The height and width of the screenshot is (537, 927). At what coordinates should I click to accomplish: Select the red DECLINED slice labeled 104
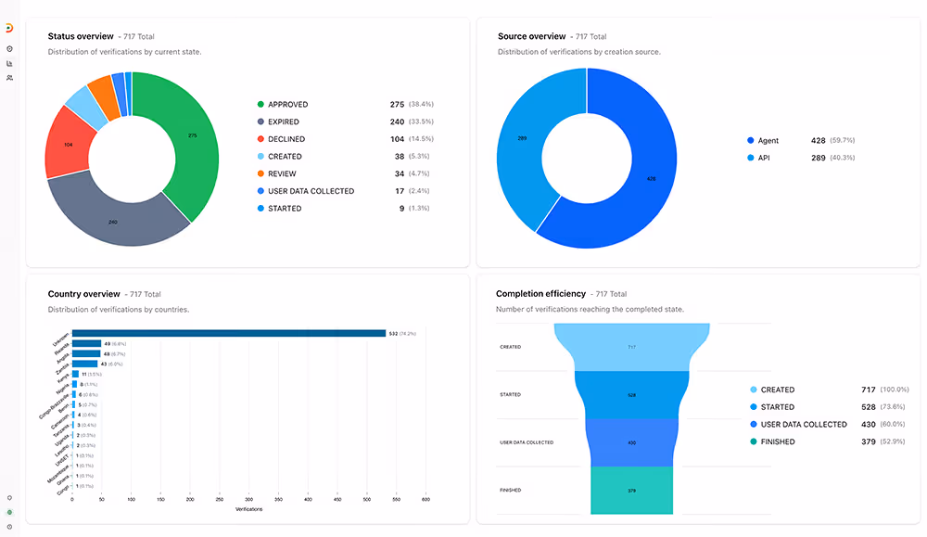point(70,144)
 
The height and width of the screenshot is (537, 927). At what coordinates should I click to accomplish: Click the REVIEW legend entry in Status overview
point(283,173)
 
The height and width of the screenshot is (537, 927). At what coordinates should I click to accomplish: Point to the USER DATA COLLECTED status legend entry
point(311,191)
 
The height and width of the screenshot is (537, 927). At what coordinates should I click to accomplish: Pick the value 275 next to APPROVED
point(398,105)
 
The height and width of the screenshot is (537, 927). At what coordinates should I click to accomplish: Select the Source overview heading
point(531,36)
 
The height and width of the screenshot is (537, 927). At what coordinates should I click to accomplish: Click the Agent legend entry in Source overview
point(768,141)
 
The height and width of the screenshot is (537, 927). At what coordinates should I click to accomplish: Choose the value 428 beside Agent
point(818,141)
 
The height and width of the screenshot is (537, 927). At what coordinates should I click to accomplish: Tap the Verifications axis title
point(248,509)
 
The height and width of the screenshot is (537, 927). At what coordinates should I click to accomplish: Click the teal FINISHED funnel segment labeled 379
point(631,490)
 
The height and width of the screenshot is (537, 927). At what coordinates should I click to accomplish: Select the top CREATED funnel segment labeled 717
point(631,347)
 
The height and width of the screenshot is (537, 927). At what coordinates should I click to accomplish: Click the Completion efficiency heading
point(540,294)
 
